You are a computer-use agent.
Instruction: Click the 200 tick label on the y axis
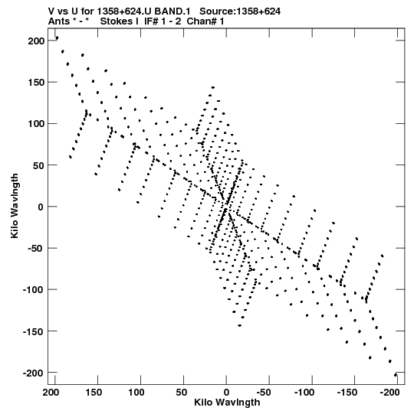[x=36, y=41]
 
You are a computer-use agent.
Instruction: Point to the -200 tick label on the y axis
[x=33, y=373]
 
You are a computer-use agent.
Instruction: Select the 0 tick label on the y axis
[x=41, y=207]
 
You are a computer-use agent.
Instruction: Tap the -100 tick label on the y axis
[x=33, y=290]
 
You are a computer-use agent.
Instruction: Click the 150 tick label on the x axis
[x=94, y=393]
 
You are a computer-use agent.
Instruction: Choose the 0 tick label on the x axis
[x=226, y=393]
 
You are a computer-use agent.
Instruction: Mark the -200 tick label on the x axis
[x=389, y=393]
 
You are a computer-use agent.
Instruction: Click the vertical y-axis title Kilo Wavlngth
[x=15, y=206]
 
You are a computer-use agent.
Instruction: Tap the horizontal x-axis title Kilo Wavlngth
[x=227, y=403]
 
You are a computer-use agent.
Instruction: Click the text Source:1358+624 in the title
[x=240, y=11]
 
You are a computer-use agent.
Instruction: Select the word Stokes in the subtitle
[x=120, y=21]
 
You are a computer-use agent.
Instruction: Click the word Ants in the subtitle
[x=59, y=21]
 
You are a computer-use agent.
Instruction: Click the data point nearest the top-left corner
[x=57, y=38]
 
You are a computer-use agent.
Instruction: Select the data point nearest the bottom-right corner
[x=396, y=375]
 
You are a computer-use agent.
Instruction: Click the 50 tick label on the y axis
[x=38, y=165]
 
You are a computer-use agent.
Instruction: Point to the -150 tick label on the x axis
[x=347, y=393]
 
